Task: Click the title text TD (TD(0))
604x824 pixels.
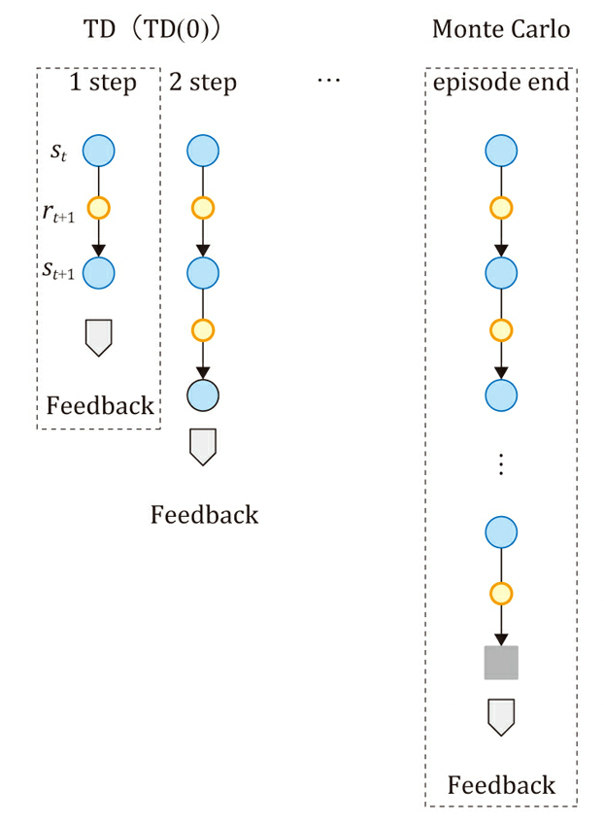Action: point(154,29)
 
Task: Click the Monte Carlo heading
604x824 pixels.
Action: point(500,29)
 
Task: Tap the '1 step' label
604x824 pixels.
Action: point(103,83)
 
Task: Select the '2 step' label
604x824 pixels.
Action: point(202,83)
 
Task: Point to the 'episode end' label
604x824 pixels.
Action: point(501,83)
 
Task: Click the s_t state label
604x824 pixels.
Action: point(60,153)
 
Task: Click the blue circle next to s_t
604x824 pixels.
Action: point(99,151)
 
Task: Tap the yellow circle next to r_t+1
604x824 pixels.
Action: point(99,208)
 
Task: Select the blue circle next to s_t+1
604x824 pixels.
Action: point(99,272)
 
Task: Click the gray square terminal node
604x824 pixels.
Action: point(501,663)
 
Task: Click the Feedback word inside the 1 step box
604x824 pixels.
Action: point(100,405)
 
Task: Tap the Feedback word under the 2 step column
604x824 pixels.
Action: point(204,514)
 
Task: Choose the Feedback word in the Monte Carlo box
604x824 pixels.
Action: point(501,784)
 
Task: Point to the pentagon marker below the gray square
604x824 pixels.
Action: point(501,716)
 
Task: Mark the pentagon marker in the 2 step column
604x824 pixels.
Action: point(203,445)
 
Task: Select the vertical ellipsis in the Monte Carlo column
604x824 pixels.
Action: point(501,464)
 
